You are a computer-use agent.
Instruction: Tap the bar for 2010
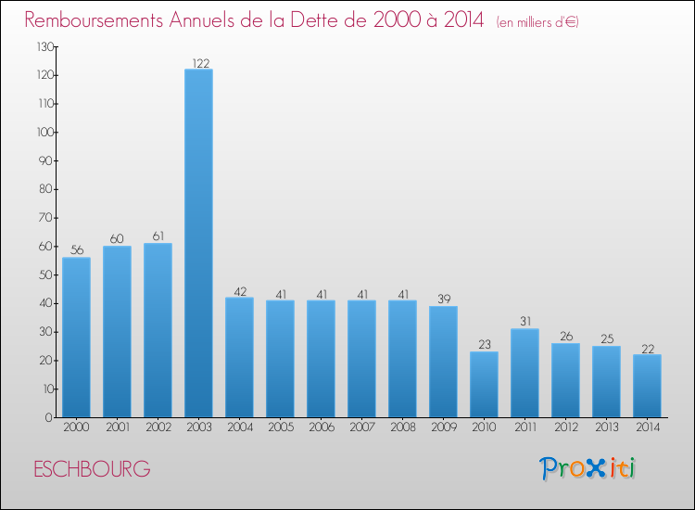tap(484, 384)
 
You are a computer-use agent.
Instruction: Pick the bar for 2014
tap(647, 386)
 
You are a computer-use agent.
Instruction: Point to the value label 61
tap(158, 236)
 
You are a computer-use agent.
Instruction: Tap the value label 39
tap(443, 300)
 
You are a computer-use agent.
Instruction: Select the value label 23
tap(484, 345)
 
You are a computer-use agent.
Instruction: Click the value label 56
tap(76, 250)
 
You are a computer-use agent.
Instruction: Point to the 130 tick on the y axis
tap(43, 46)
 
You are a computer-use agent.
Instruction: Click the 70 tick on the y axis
tap(44, 218)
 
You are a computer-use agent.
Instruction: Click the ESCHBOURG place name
tap(91, 469)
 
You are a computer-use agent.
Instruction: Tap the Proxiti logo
tap(588, 468)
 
